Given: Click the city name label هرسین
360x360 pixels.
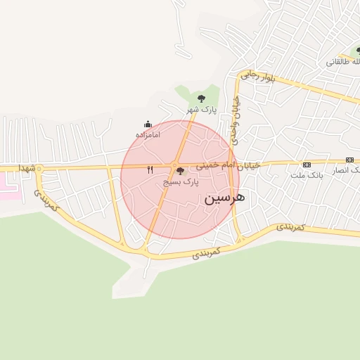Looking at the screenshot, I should tap(225, 198).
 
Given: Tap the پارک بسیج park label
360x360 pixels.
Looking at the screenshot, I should tap(181, 181).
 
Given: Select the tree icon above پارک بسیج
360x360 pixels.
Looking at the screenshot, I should tap(180, 171).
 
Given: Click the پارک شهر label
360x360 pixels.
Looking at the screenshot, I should tap(201, 109).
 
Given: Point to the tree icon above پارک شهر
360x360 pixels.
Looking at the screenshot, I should tap(202, 98).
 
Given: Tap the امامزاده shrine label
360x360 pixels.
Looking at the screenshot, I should tap(148, 134).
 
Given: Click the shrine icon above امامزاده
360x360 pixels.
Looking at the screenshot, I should tap(148, 124).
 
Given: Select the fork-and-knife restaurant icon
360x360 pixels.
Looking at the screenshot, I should tap(150, 170).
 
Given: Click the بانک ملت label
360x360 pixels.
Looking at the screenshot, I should tap(307, 174).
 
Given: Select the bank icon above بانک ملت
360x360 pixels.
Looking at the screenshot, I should tap(307, 163).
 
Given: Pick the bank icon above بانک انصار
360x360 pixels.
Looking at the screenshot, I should tap(349, 160).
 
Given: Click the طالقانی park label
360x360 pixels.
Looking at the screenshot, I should tap(342, 62).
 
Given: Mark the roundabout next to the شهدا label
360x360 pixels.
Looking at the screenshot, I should tap(39, 169).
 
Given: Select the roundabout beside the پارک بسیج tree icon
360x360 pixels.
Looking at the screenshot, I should tap(174, 166).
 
